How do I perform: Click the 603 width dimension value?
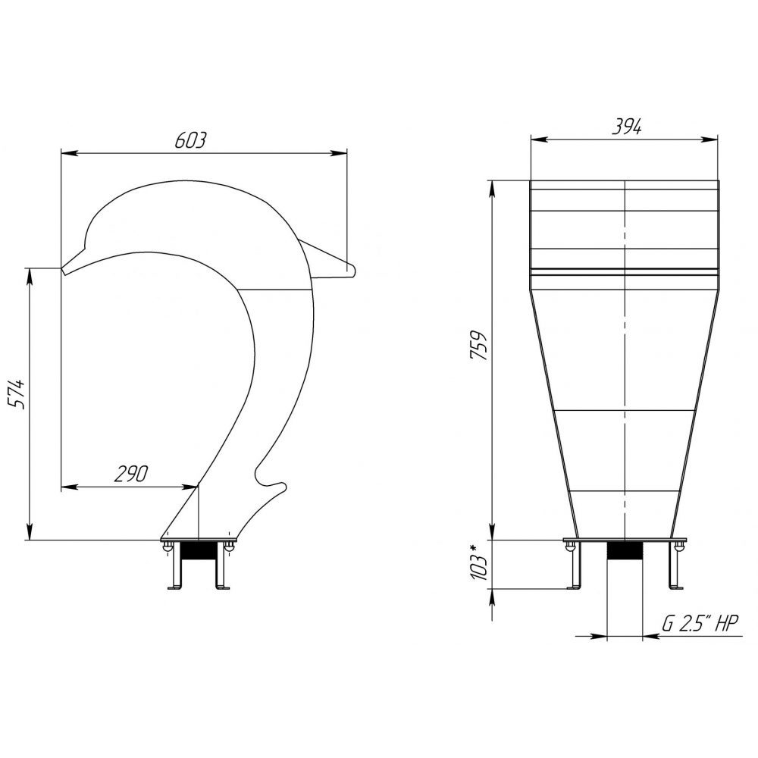tap(190, 139)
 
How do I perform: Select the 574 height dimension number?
tap(18, 394)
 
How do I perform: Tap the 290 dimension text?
tap(130, 474)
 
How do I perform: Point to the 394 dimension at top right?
tap(627, 127)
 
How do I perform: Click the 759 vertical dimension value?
tap(478, 345)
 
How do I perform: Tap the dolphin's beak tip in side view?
tap(63, 269)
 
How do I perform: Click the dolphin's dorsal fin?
tap(329, 261)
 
